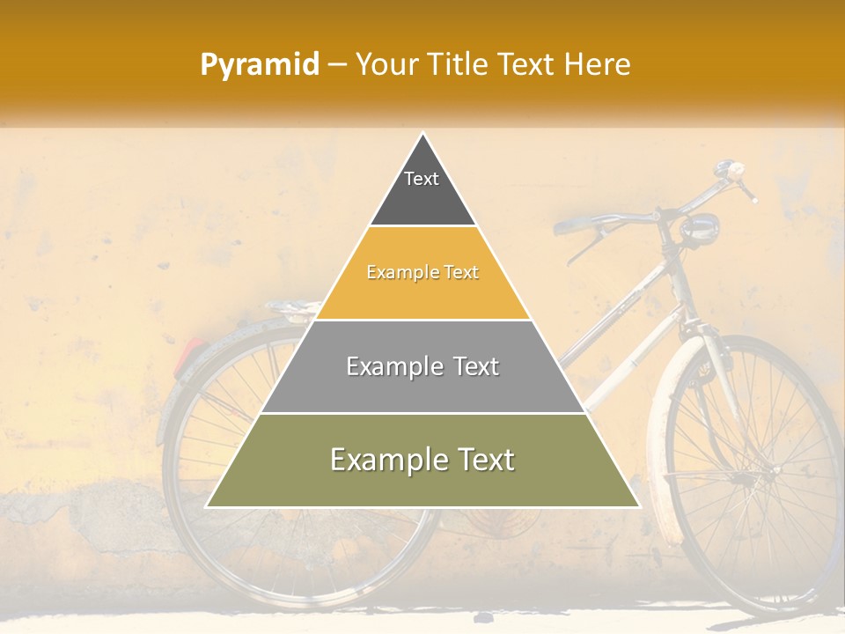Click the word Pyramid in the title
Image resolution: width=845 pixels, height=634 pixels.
[x=259, y=65]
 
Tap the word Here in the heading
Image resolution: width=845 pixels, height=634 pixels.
[x=598, y=64]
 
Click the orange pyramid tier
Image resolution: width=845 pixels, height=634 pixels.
[x=422, y=273]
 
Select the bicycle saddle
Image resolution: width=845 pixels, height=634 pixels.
[x=295, y=307]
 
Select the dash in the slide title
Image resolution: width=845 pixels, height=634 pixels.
[x=336, y=65]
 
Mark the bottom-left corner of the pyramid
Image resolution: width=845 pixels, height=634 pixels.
[x=207, y=506]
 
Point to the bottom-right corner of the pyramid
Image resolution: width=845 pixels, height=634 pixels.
[x=639, y=506]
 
